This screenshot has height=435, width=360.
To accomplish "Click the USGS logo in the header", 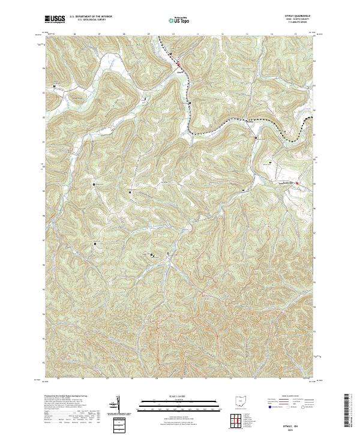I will coord(55,19).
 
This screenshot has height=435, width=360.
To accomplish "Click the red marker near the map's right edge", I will coord(297,184).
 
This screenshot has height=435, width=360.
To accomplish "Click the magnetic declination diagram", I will coord(117,403).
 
